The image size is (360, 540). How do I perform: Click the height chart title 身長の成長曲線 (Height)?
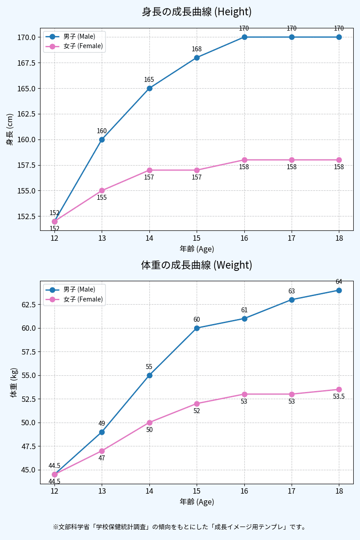[x=197, y=12]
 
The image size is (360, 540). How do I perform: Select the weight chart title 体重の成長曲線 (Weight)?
[x=197, y=265]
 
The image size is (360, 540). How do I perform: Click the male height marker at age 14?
[x=149, y=88]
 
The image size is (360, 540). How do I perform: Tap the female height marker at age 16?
[x=244, y=160]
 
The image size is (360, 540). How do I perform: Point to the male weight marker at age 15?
[x=197, y=328]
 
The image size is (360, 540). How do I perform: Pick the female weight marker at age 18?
[x=339, y=389]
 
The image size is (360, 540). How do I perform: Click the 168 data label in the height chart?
[x=197, y=49]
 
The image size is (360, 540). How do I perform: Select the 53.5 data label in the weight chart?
[x=339, y=396]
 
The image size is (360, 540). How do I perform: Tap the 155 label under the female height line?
[x=102, y=198]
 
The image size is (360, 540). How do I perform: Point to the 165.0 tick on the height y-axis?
[x=27, y=88]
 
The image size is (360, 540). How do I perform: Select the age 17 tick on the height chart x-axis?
[x=292, y=238]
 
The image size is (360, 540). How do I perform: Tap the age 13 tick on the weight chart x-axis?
[x=102, y=491]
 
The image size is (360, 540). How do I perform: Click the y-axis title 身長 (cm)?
[x=10, y=129]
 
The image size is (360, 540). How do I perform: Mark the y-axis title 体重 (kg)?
[x=14, y=382]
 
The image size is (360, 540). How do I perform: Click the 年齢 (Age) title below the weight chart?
[x=197, y=502]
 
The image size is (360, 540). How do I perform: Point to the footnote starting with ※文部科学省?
[x=180, y=526]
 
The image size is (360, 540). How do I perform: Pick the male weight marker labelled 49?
[x=102, y=432]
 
